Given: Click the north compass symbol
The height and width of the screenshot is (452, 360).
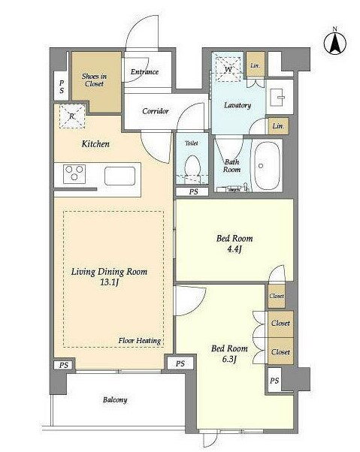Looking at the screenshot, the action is click(x=334, y=44).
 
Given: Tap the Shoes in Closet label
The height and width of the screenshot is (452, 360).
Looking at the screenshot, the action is click(x=95, y=80).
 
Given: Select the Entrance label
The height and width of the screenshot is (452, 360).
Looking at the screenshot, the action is click(x=144, y=71).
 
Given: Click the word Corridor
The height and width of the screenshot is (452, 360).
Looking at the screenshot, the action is click(x=156, y=110).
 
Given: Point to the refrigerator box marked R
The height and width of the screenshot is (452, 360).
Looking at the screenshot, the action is click(x=72, y=116).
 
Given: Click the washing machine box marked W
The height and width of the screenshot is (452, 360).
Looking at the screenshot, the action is click(x=228, y=69).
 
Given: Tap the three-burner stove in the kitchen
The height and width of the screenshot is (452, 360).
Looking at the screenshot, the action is click(x=74, y=174).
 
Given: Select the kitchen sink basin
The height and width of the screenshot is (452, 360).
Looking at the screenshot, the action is click(x=119, y=176).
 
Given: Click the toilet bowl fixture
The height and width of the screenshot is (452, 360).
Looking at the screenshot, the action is click(x=192, y=169).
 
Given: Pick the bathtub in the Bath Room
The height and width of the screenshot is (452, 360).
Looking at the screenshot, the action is click(x=266, y=165).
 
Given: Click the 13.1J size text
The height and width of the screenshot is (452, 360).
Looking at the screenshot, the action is click(x=110, y=282).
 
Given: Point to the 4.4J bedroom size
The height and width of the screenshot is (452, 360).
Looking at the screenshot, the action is click(x=234, y=249).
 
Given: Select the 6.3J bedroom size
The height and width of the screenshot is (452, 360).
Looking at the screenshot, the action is click(x=229, y=359).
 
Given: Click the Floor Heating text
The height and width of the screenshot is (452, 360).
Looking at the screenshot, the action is click(x=140, y=340).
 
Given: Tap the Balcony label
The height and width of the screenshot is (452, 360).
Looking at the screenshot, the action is click(x=115, y=400).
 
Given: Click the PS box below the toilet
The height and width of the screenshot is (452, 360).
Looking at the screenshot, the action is click(x=192, y=191).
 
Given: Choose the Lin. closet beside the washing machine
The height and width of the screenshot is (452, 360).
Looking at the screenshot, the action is click(x=256, y=65).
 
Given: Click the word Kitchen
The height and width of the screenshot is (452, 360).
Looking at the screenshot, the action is click(x=95, y=143).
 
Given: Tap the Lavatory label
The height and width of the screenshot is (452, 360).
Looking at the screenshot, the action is click(x=237, y=105).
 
